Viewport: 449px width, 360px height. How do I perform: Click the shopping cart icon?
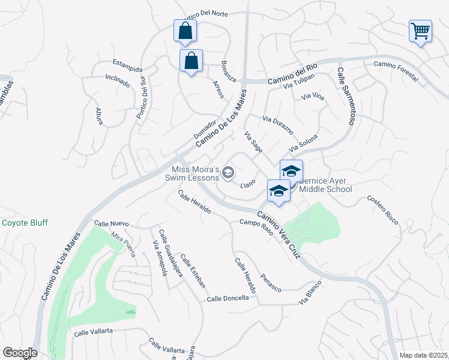(x=421, y=31)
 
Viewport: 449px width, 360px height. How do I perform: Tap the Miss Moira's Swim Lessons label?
(x=194, y=173)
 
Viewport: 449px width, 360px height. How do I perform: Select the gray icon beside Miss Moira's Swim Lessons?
(x=228, y=173)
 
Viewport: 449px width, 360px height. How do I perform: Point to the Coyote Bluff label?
(x=25, y=223)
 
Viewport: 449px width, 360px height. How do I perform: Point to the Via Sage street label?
(x=253, y=143)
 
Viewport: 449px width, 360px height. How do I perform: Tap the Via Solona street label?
(x=303, y=143)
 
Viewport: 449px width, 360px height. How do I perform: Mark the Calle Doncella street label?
(x=228, y=298)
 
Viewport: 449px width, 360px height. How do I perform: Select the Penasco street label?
(x=271, y=283)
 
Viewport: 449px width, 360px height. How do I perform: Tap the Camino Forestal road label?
(x=396, y=67)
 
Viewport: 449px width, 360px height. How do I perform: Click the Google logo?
(x=20, y=353)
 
